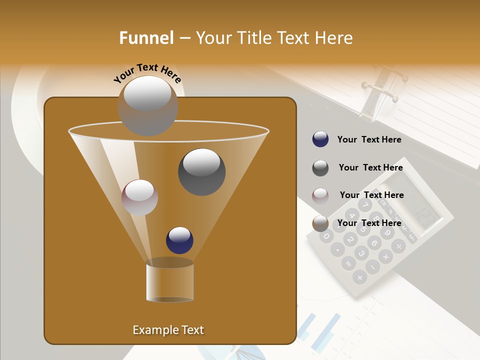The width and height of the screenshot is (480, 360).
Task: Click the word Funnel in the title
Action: pyautogui.click(x=146, y=38)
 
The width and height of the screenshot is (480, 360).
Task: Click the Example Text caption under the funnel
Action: pyautogui.click(x=168, y=330)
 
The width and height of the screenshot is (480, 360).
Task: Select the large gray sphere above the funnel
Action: pyautogui.click(x=147, y=105)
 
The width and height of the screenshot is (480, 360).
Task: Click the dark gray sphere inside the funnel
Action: pyautogui.click(x=201, y=172)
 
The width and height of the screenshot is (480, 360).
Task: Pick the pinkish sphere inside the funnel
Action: pyautogui.click(x=139, y=197)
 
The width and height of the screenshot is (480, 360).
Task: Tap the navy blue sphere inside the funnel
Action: pyautogui.click(x=179, y=240)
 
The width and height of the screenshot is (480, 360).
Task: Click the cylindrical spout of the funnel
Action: pyautogui.click(x=169, y=282)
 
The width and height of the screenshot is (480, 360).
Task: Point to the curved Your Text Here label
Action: pyautogui.click(x=147, y=73)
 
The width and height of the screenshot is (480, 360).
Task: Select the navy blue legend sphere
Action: pyautogui.click(x=320, y=139)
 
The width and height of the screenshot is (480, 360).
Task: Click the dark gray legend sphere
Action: pyautogui.click(x=320, y=168)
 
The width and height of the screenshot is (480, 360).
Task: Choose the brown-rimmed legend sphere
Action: pyautogui.click(x=320, y=223)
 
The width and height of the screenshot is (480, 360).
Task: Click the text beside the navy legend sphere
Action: pyautogui.click(x=369, y=139)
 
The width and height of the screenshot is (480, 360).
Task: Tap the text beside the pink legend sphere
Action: pyautogui.click(x=371, y=195)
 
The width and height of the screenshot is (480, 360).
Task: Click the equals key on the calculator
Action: pyautogui.click(x=348, y=263)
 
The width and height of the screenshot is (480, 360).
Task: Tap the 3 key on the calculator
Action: pyautogui.click(x=361, y=253)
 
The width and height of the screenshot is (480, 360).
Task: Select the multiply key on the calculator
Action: pyautogui.click(x=385, y=257)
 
